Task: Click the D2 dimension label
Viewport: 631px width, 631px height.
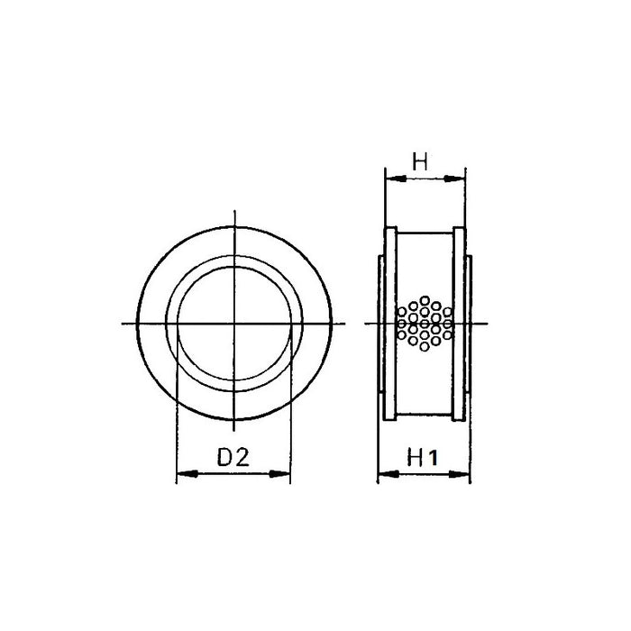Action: coord(233,458)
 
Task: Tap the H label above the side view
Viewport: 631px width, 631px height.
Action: coord(421,163)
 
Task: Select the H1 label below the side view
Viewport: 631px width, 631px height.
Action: coord(422,458)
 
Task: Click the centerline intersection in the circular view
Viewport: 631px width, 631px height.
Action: coord(233,324)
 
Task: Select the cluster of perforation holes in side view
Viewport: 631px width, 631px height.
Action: coord(424,324)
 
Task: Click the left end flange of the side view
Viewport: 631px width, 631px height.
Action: coord(390,323)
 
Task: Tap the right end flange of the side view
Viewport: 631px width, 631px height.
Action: coord(459,323)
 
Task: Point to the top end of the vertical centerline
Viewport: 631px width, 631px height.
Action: coord(233,213)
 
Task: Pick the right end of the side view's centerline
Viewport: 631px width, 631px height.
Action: coord(487,324)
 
